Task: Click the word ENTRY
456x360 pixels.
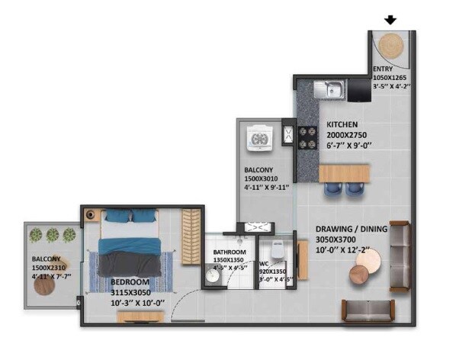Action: tap(384, 68)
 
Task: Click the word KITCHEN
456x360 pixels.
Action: tap(343, 124)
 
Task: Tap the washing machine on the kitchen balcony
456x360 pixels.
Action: tap(259, 138)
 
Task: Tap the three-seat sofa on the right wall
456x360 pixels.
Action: tap(399, 256)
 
